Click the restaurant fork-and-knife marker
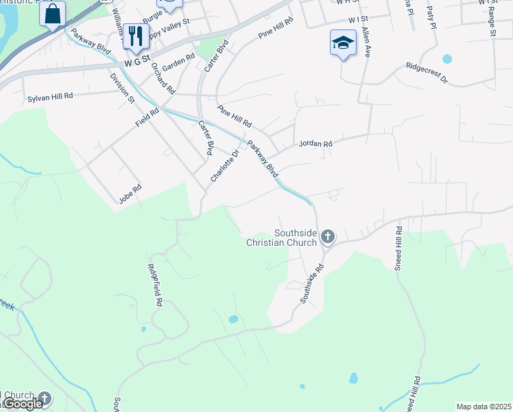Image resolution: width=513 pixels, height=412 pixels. click(x=136, y=36)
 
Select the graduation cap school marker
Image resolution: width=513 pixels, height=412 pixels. click(x=342, y=44)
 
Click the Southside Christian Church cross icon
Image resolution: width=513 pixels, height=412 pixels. click(x=328, y=238)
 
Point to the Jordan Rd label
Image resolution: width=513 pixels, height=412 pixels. click(x=315, y=144)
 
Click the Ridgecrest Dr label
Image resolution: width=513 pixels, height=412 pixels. click(x=426, y=73)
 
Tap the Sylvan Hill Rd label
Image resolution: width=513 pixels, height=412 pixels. click(x=50, y=98)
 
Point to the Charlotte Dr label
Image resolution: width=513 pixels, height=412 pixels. click(x=224, y=166)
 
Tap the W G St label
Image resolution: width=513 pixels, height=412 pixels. click(x=136, y=64)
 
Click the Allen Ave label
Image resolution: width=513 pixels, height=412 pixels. click(x=366, y=42)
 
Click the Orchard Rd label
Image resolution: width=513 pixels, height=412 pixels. click(x=163, y=78)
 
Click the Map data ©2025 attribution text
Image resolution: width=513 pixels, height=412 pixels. click(x=484, y=407)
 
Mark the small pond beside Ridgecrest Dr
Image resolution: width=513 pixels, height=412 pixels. click(x=447, y=58)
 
